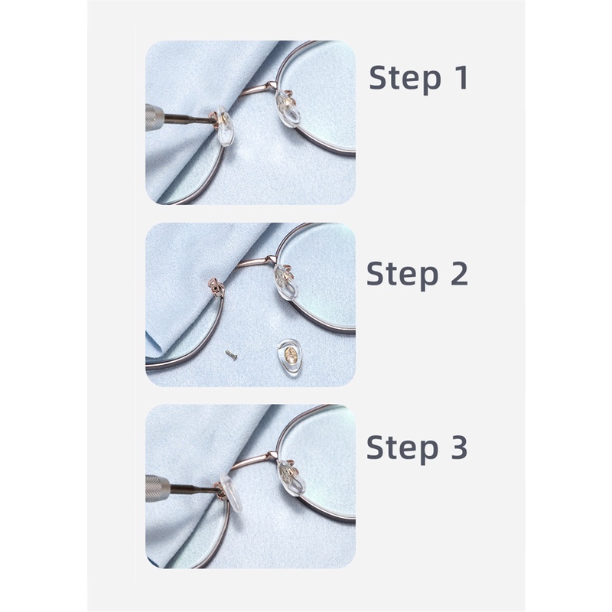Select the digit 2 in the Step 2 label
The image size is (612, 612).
(x=459, y=273)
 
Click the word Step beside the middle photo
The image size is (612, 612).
(x=402, y=275)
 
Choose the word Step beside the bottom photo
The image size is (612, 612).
(x=402, y=448)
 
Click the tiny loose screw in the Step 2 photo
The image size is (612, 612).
(x=231, y=355)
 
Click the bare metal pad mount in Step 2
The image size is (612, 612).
(x=216, y=287)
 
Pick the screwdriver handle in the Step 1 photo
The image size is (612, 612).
(x=155, y=118)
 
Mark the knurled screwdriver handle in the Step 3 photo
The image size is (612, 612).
(x=158, y=488)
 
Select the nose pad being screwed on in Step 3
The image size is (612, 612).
(x=230, y=493)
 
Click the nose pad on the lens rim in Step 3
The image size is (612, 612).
(x=291, y=477)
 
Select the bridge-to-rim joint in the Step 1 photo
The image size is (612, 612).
(x=272, y=85)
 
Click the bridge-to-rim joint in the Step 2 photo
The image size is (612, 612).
(x=270, y=259)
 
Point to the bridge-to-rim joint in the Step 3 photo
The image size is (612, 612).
(x=270, y=455)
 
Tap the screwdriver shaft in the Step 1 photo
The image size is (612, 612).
(x=189, y=119)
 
